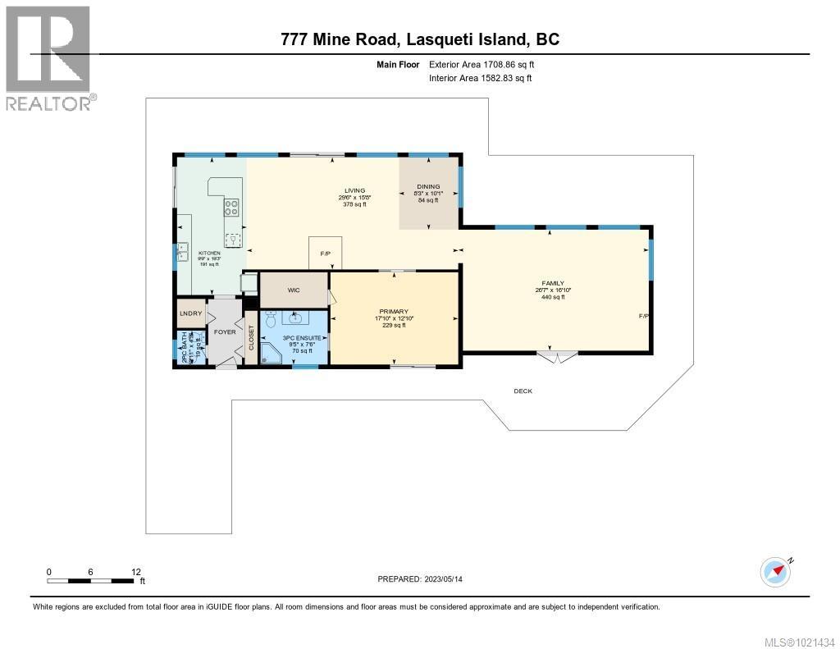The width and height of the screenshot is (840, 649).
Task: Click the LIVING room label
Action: pyautogui.click(x=354, y=190)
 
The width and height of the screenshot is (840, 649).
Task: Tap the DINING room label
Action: pyautogui.click(x=428, y=186)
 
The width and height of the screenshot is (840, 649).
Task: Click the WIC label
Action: pyautogui.click(x=294, y=290)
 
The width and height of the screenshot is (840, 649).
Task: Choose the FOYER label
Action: pyautogui.click(x=224, y=332)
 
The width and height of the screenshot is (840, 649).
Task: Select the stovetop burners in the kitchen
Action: pyautogui.click(x=232, y=208)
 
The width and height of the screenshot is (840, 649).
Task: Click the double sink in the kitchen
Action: pyautogui.click(x=182, y=250)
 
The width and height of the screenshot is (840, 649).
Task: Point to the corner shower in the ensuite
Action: pyautogui.click(x=271, y=354)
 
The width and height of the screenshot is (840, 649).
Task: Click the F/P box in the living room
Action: pyautogui.click(x=325, y=254)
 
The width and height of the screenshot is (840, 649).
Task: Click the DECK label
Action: pyautogui.click(x=523, y=391)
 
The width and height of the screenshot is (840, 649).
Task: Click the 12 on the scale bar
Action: pyautogui.click(x=136, y=572)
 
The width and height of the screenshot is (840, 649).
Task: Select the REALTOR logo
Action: pyautogui.click(x=49, y=57)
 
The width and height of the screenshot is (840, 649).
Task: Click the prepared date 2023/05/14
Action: pyautogui.click(x=450, y=579)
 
